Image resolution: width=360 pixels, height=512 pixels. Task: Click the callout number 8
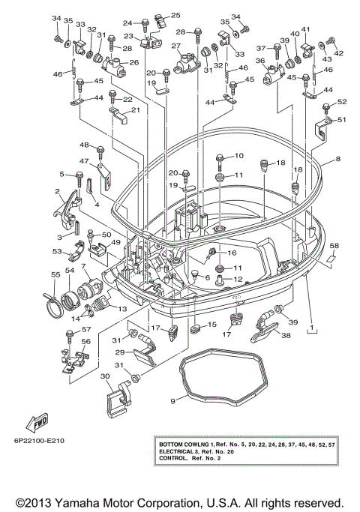point(337,159)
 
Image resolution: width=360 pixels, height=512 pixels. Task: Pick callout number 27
point(177,46)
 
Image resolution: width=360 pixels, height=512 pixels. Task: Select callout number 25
point(176,16)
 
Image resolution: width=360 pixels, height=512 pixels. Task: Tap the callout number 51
point(342,119)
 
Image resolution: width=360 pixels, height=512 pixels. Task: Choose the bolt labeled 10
point(220,160)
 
